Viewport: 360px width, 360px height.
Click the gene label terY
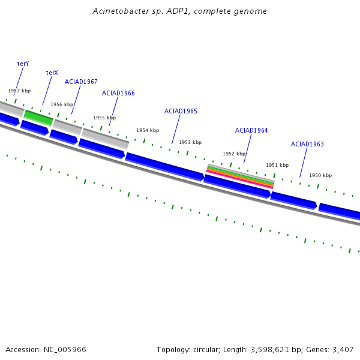point(23,63)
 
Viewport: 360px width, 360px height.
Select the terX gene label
point(52,73)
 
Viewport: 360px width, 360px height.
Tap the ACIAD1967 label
point(81,82)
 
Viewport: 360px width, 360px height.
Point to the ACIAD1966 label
point(118,93)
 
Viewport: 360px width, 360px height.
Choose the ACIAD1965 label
point(181,111)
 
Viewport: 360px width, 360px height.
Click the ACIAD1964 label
point(251,130)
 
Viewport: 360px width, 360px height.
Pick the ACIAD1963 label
point(307,144)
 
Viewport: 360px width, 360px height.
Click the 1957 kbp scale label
point(19,91)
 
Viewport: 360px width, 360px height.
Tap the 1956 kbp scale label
point(62,104)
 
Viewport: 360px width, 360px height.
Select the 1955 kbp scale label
point(104,118)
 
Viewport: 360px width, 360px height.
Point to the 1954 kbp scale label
point(148,130)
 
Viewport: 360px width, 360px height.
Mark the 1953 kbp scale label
point(190,142)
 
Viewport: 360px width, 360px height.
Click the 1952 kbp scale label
point(234,154)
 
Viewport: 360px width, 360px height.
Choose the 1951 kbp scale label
point(277,165)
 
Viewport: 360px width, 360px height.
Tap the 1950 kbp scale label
point(320,175)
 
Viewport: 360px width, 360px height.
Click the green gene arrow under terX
point(38,118)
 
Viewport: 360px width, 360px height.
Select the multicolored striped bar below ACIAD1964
point(240,176)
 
